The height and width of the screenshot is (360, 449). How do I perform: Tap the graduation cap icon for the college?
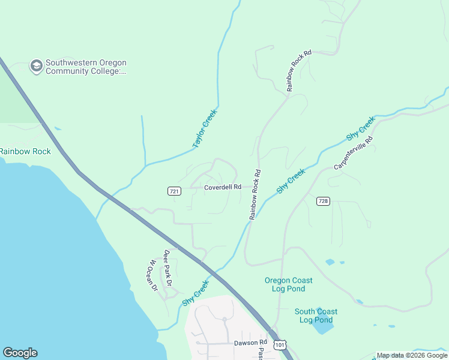[37, 66]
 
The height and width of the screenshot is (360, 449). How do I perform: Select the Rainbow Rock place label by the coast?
[25, 151]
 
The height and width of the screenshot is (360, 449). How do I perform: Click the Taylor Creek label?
[205, 128]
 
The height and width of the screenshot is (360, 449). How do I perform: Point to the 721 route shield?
[174, 191]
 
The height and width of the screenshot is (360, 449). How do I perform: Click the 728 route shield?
[323, 201]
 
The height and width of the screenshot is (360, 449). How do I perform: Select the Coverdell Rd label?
[222, 187]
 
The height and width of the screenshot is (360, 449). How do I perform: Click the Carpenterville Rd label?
[353, 152]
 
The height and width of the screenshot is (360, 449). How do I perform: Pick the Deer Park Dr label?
[168, 268]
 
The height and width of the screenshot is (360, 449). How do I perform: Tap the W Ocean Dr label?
[153, 275]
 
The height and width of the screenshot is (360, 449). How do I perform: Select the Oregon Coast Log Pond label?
[289, 284]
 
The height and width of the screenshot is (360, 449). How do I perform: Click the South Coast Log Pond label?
[316, 316]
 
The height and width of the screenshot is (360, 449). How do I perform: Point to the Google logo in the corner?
[20, 353]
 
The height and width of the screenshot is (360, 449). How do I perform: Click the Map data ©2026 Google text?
[412, 355]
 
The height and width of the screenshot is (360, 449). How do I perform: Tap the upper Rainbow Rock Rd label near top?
[299, 71]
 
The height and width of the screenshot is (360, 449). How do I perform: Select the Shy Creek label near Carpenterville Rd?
[360, 129]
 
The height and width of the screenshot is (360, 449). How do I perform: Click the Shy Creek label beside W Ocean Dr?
[195, 293]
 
